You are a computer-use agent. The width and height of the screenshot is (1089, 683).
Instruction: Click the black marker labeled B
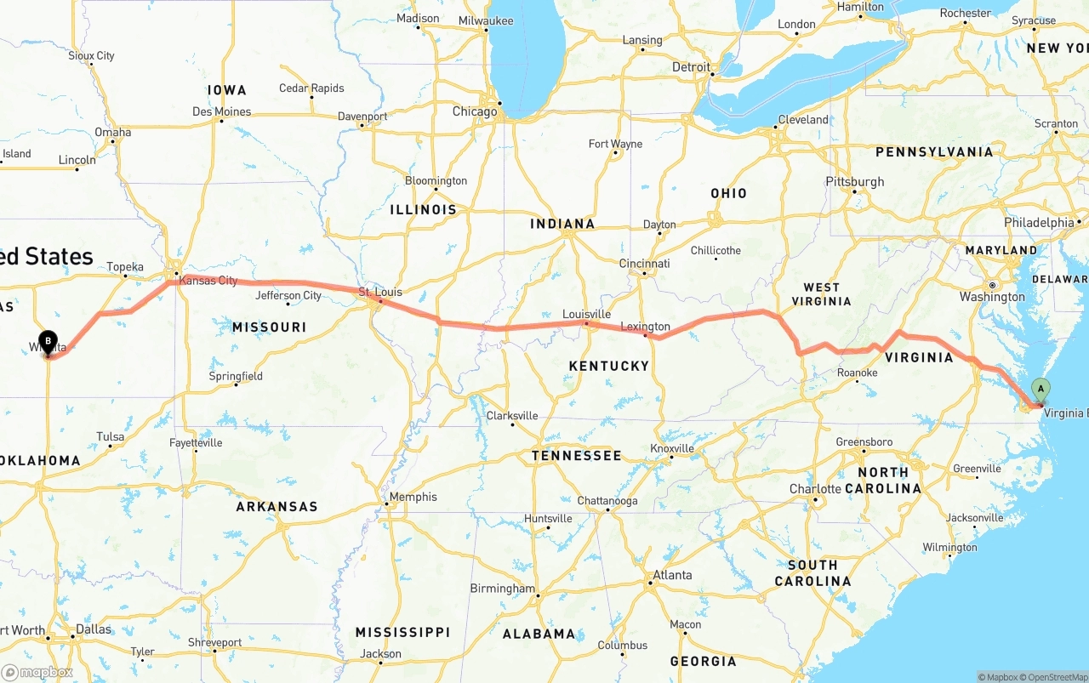point(48,343)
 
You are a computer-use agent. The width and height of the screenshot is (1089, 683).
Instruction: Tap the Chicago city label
point(475,111)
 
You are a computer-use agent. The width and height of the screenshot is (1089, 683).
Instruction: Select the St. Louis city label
point(379,292)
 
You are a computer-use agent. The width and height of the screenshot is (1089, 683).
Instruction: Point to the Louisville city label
point(586,314)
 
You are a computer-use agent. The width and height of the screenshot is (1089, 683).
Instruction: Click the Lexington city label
point(645,327)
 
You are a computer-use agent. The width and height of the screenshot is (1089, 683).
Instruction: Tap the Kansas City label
point(208,280)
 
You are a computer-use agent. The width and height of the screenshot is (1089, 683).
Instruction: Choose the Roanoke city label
point(857,373)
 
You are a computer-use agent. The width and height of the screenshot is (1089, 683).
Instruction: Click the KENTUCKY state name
point(609,366)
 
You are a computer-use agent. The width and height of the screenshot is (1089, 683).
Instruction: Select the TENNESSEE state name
point(576,456)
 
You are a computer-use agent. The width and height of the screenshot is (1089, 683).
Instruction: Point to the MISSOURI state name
point(269,327)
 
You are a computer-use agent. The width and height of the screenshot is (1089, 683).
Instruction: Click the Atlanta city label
point(672,575)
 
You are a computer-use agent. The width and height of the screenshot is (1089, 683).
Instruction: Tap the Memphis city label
point(413,497)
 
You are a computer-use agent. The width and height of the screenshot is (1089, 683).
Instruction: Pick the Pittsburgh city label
point(854,181)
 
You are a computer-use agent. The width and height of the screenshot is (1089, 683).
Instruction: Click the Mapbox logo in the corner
point(37,672)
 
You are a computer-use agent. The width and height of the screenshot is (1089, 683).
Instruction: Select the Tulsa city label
point(110,436)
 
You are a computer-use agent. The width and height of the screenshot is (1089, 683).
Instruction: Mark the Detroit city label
point(691,66)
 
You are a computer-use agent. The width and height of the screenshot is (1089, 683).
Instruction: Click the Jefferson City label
point(288,295)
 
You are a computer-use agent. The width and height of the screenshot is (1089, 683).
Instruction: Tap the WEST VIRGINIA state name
point(821,294)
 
